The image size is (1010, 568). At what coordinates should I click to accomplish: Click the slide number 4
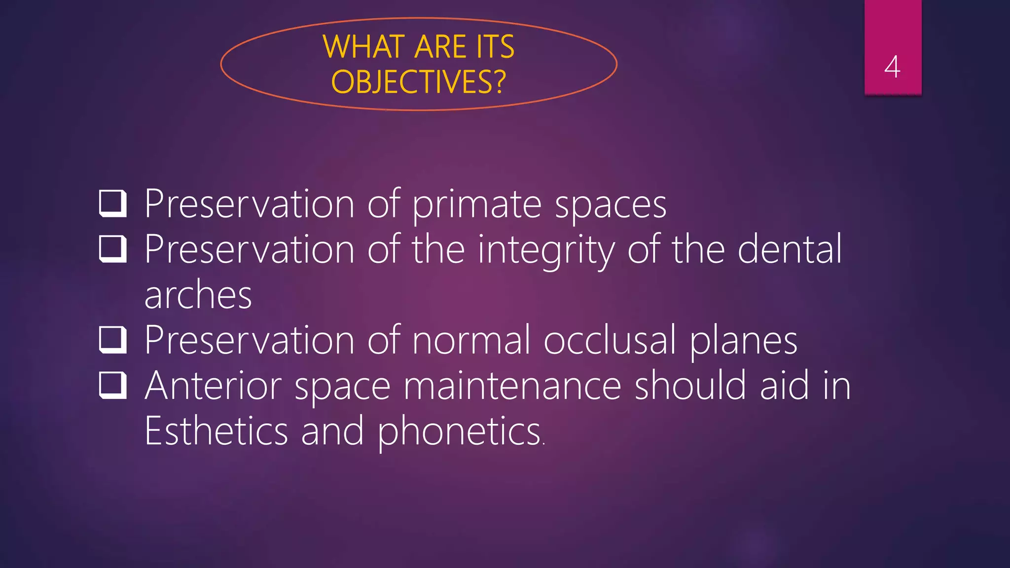892,67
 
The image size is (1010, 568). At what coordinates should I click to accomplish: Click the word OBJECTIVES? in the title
418,82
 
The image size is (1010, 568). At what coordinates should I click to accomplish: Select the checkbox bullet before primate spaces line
113,204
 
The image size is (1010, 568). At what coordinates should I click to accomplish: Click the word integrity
546,250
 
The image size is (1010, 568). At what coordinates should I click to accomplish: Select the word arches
198,295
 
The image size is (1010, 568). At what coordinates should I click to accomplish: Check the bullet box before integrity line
113,249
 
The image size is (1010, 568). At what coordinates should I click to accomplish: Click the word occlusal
610,340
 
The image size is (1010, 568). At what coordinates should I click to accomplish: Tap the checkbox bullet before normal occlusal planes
113,340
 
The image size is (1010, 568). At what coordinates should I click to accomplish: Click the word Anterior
213,386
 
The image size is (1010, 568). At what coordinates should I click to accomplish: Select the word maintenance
512,386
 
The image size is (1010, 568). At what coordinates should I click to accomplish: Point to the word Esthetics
216,431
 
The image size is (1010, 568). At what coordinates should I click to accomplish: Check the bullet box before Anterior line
113,386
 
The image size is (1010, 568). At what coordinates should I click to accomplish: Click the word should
690,386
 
